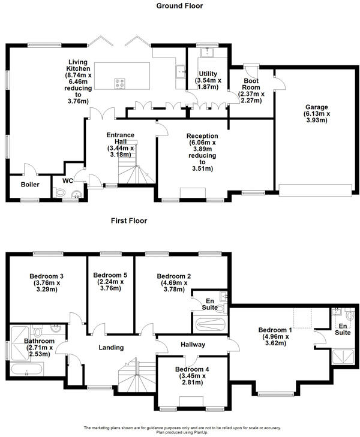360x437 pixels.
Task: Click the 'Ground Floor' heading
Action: click(179, 6)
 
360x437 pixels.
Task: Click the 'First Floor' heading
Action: click(128, 221)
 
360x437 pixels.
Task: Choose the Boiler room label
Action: click(29, 185)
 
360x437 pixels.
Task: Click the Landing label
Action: click(111, 347)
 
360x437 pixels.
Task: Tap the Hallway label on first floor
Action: click(193, 345)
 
